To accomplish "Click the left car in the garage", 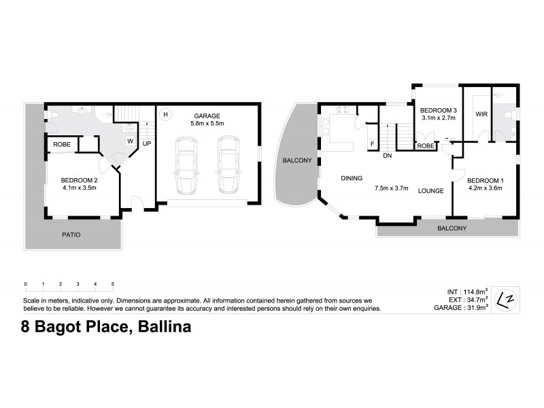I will click(x=186, y=165).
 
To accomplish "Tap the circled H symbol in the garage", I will click(x=165, y=114).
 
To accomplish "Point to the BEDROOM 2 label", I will click(x=78, y=180).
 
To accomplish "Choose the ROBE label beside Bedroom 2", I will click(x=61, y=145).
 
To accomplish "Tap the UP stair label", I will click(x=147, y=144).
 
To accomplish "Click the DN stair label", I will click(x=387, y=156).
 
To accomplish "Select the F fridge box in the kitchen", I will click(x=372, y=144).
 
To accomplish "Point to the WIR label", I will click(x=481, y=114).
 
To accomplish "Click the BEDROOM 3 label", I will click(x=438, y=110).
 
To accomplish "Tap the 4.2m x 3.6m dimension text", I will click(x=484, y=188).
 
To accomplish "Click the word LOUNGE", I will click(x=430, y=191).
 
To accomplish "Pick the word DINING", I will click(x=352, y=178).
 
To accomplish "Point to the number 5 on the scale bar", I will click(x=113, y=284).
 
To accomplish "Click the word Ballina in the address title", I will click(x=165, y=328).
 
